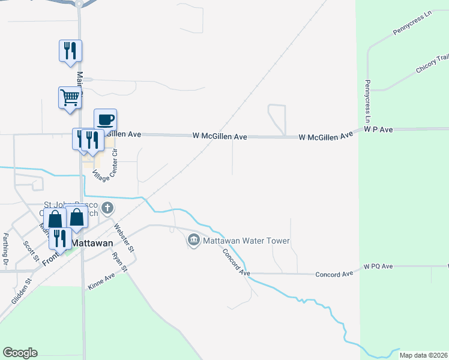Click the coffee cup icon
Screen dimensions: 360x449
click(106, 119)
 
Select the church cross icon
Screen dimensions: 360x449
click(107, 209)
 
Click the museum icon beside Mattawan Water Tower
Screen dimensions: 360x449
click(194, 241)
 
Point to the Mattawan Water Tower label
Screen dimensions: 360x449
click(247, 241)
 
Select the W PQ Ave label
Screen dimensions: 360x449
click(378, 266)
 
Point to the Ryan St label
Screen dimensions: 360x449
click(120, 262)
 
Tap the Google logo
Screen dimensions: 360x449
click(20, 353)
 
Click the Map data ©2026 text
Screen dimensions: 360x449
click(423, 355)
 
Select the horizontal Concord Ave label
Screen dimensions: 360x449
click(334, 274)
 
